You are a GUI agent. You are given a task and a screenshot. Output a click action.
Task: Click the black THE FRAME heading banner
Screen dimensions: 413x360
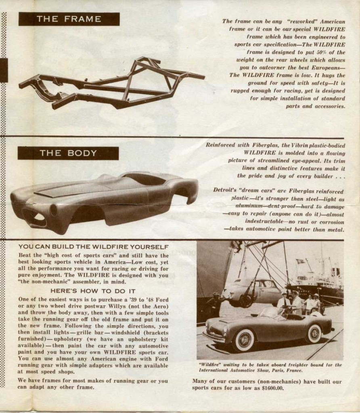(x=69, y=19)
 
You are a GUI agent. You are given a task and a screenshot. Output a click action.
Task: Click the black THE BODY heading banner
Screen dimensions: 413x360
(x=68, y=153)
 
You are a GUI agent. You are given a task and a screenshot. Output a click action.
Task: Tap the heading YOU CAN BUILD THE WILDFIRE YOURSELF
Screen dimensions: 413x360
(x=93, y=247)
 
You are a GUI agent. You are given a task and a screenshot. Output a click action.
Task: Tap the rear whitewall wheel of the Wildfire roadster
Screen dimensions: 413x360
(x=314, y=334)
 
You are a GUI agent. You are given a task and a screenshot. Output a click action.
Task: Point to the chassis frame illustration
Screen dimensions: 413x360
(x=111, y=83)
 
